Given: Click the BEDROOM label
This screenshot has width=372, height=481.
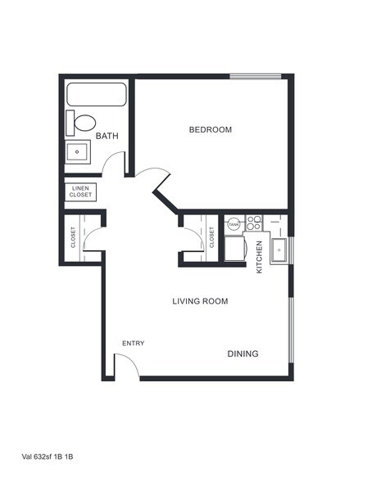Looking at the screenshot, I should (211, 129).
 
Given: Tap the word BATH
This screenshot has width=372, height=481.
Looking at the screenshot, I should (107, 136).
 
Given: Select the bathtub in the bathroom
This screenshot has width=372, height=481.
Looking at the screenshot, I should (96, 96).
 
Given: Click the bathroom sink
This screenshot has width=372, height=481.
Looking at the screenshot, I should (78, 151).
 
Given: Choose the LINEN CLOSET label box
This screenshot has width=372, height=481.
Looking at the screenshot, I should (80, 192).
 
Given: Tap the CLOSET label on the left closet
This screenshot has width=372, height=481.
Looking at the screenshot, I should (73, 237).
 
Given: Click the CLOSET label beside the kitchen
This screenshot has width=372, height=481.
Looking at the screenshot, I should (211, 237).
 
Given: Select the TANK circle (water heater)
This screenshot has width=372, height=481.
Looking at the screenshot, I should (234, 222).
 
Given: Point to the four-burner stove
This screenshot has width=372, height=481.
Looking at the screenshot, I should (253, 221).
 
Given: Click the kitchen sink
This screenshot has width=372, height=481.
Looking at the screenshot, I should (279, 249).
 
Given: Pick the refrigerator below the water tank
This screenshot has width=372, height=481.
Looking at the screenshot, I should (234, 247).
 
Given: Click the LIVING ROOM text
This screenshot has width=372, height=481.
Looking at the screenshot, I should (200, 301).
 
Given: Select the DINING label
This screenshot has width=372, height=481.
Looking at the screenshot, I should (243, 353).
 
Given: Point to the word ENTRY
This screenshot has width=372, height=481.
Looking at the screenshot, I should (134, 343).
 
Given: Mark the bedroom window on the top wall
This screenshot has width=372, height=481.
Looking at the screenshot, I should (255, 77).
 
